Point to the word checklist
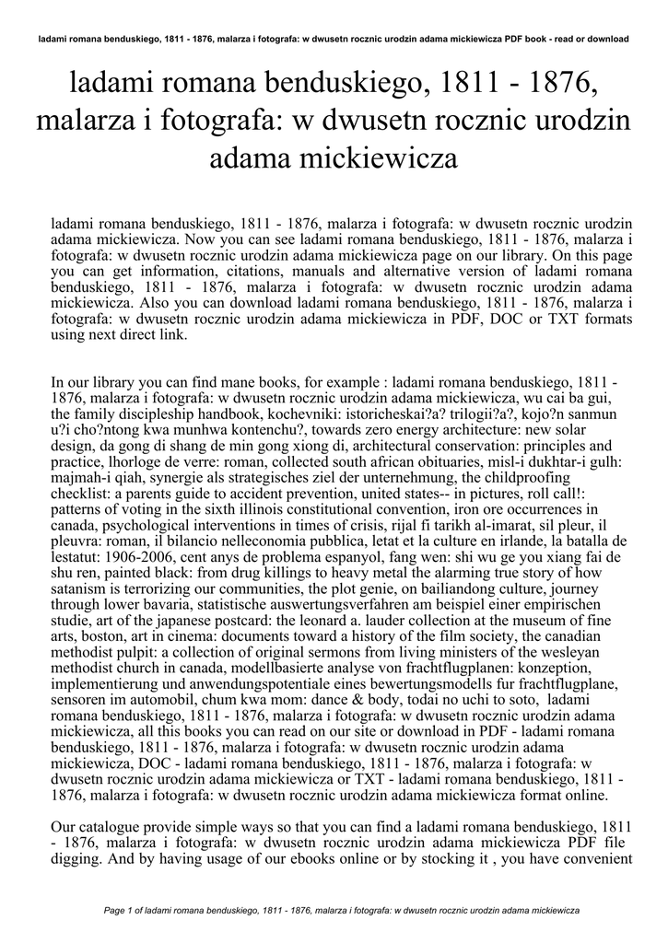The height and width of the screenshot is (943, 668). pyautogui.click(x=81, y=494)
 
